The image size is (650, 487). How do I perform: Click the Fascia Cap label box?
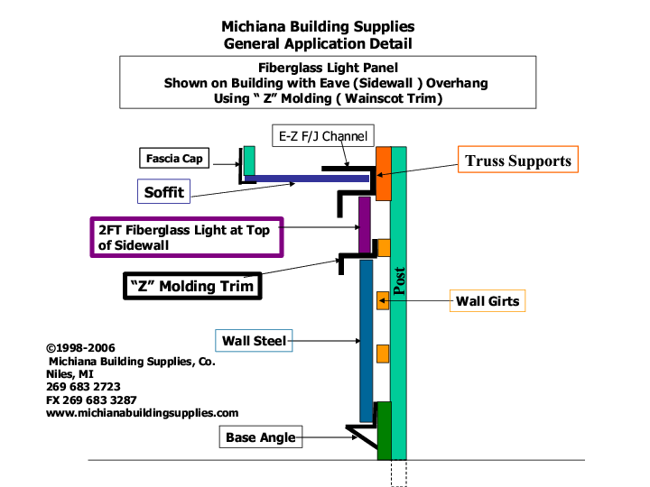(x=175, y=160)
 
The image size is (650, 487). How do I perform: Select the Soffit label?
(x=163, y=191)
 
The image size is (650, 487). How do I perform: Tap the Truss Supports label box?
(x=517, y=161)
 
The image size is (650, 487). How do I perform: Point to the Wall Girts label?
(x=487, y=300)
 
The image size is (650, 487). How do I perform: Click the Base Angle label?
(x=260, y=437)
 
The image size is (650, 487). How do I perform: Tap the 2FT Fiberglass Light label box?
(x=186, y=237)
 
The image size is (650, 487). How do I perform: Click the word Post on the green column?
(x=399, y=280)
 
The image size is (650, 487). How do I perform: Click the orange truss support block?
(x=383, y=173)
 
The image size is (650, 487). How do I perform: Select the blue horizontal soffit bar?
(x=307, y=179)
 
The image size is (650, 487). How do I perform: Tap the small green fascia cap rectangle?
(x=249, y=161)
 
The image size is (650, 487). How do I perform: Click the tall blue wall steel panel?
(x=366, y=341)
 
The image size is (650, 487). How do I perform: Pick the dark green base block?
(x=384, y=430)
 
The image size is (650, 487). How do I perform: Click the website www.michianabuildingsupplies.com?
(x=142, y=412)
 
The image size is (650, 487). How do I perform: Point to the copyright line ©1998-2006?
(x=80, y=347)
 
